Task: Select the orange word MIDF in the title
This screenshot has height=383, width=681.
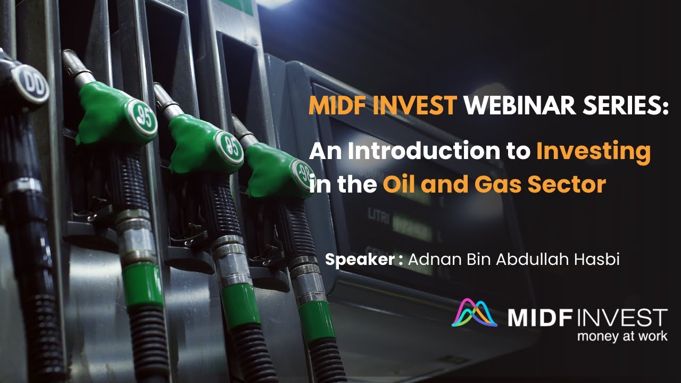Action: pos(339,106)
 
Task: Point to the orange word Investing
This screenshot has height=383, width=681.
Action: pos(593,152)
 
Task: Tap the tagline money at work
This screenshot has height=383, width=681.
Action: pos(622,336)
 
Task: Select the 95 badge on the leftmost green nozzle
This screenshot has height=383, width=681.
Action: pos(142,116)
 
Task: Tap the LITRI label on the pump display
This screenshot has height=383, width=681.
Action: pos(377,214)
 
